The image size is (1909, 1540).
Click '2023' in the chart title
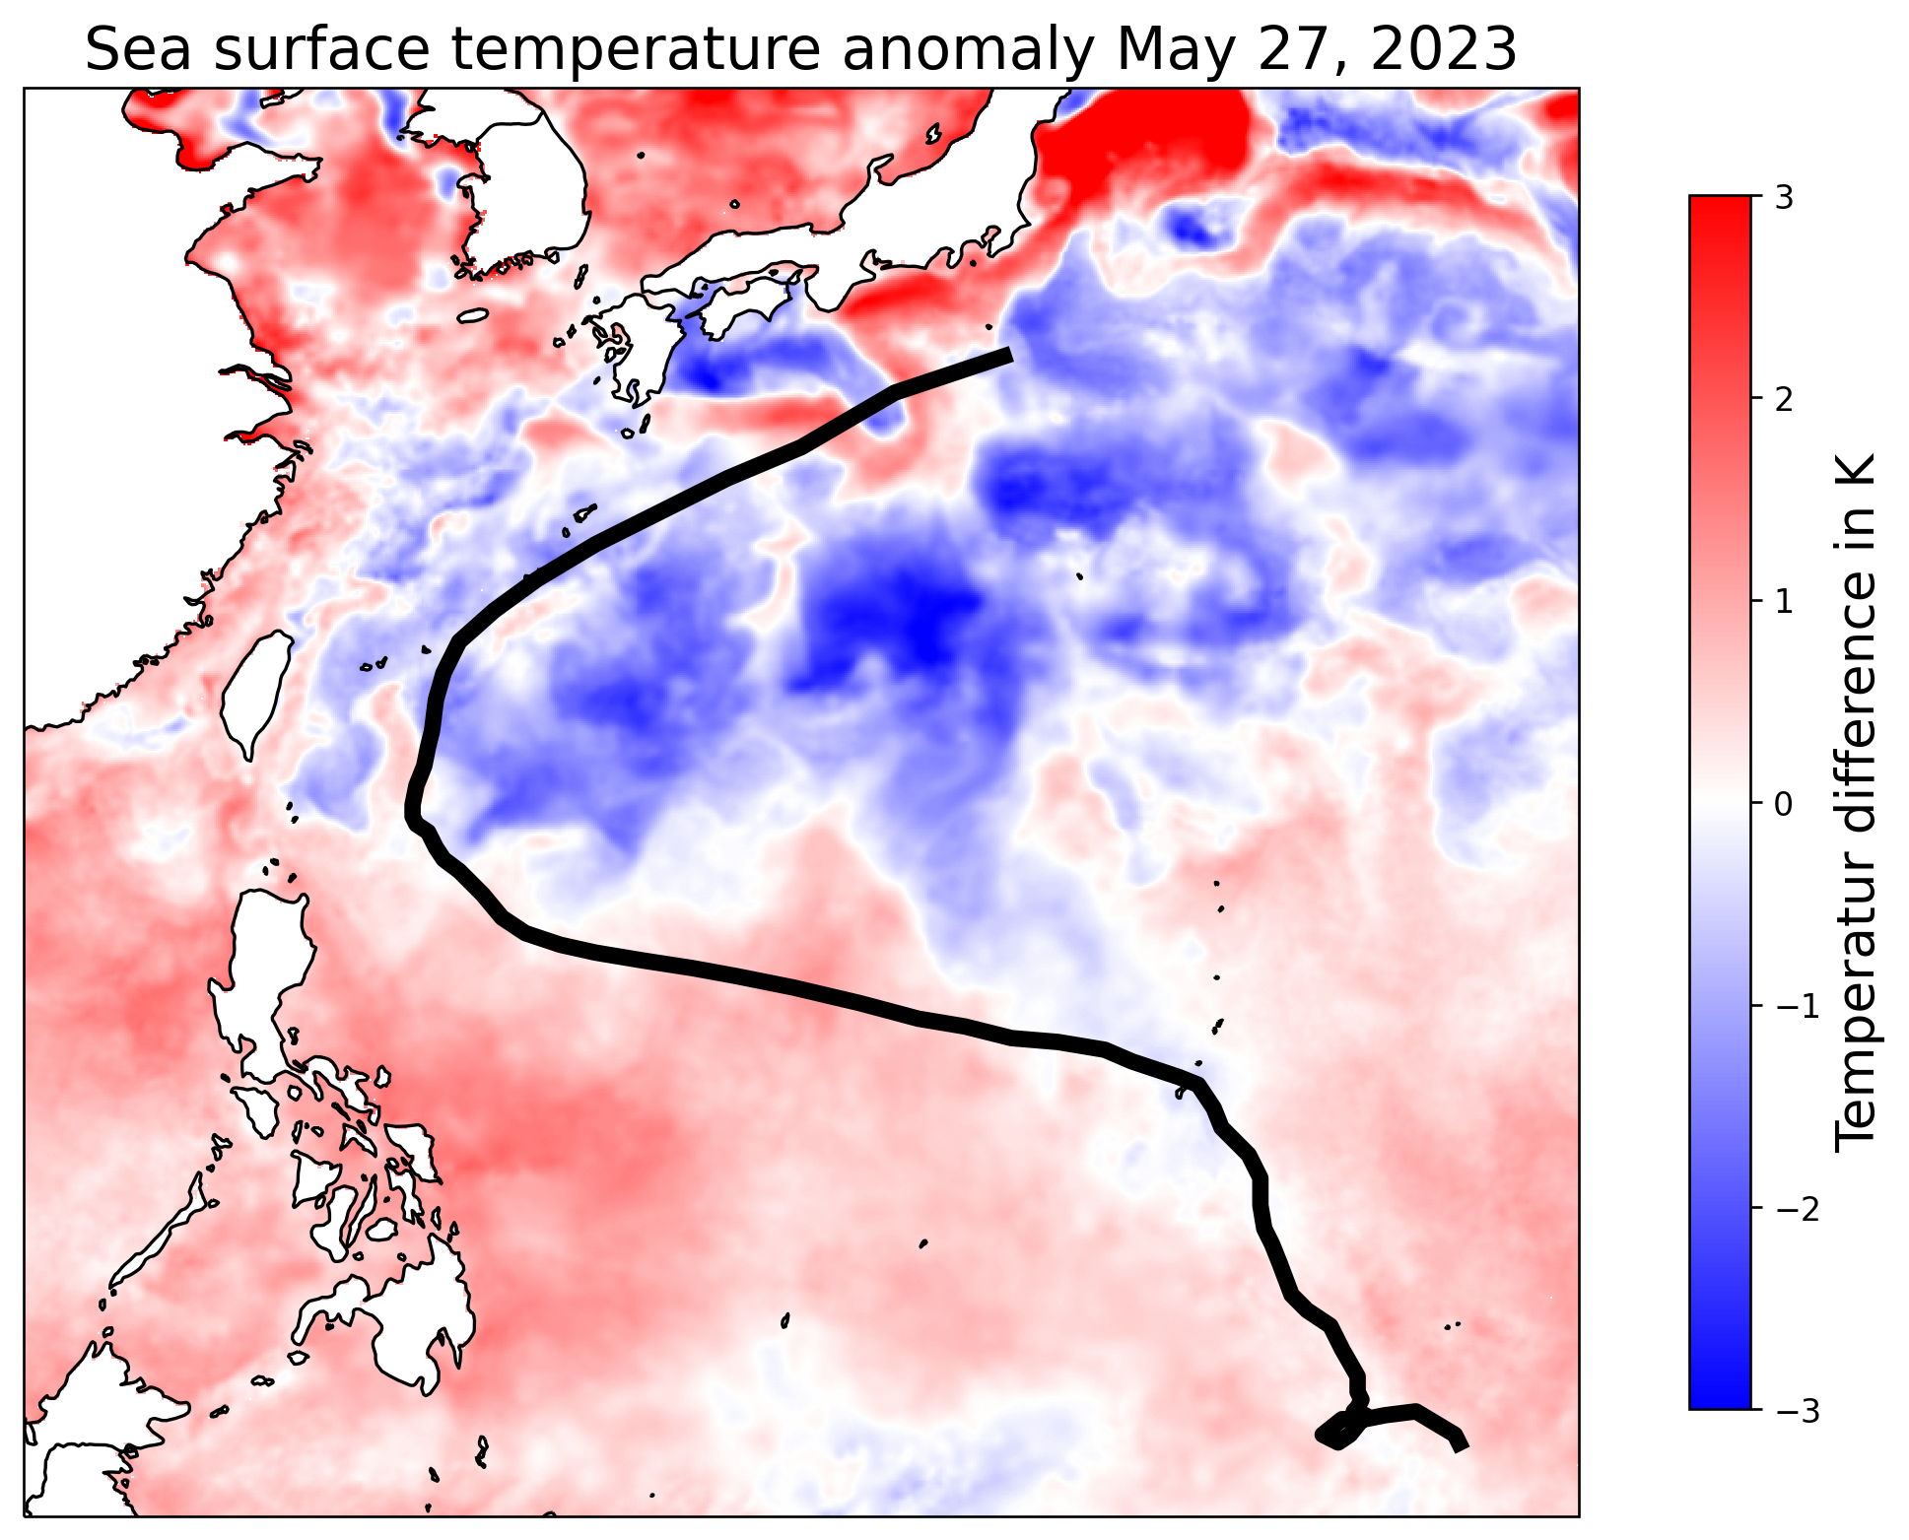point(1443,49)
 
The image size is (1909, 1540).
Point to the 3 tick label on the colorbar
point(1782,197)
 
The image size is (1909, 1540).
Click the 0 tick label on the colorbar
point(1782,804)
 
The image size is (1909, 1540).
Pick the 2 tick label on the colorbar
point(1782,399)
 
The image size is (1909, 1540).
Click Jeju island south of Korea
point(473,316)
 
